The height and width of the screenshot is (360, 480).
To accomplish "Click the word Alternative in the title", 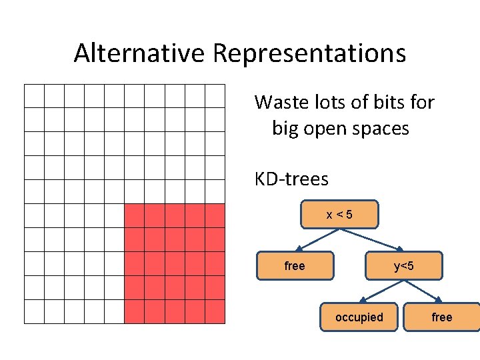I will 140,53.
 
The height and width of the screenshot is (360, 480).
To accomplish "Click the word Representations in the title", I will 309,53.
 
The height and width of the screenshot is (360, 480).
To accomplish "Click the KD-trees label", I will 291,179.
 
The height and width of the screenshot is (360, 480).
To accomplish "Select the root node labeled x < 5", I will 339,215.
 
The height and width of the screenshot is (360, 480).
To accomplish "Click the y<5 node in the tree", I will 403,266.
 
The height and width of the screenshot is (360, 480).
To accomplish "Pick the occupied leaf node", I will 359,317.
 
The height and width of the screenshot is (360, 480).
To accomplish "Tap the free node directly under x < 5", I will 295,266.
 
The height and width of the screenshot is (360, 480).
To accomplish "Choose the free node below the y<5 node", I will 442,317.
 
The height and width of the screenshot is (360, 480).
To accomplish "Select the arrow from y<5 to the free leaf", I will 423,291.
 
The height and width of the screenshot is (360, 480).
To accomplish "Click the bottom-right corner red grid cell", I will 215,311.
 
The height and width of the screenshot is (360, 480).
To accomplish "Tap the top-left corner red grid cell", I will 134,215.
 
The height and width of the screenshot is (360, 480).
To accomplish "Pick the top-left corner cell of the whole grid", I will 34,96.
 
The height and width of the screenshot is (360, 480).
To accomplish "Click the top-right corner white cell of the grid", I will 215,96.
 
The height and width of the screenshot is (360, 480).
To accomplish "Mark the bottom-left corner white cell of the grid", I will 34,311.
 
